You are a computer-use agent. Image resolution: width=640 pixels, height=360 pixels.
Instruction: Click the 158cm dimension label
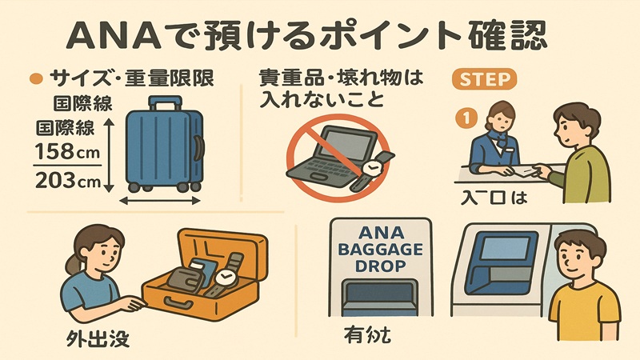coord(69,149)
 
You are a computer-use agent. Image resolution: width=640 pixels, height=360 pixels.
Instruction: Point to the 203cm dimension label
coord(69,181)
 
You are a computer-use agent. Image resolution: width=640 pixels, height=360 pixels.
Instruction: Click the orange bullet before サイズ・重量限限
coord(34,79)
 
